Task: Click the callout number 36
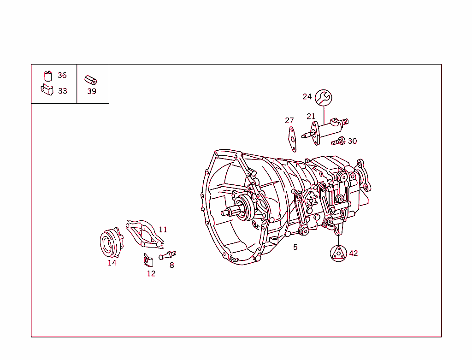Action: tap(62, 75)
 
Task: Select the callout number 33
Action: tap(62, 91)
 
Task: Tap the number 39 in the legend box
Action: tap(92, 91)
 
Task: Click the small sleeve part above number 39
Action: tap(90, 80)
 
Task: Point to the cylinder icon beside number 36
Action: tap(48, 76)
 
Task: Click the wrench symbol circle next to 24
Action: tap(324, 97)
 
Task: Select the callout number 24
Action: tap(307, 96)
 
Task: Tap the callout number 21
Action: tap(311, 116)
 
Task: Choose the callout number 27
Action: tap(289, 120)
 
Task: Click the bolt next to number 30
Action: tap(339, 142)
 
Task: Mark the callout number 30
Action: tap(352, 141)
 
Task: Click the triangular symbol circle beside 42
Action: tap(339, 254)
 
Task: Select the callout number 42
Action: tap(353, 253)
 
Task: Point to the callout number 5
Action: tap(295, 247)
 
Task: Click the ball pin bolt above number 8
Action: tap(168, 254)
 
